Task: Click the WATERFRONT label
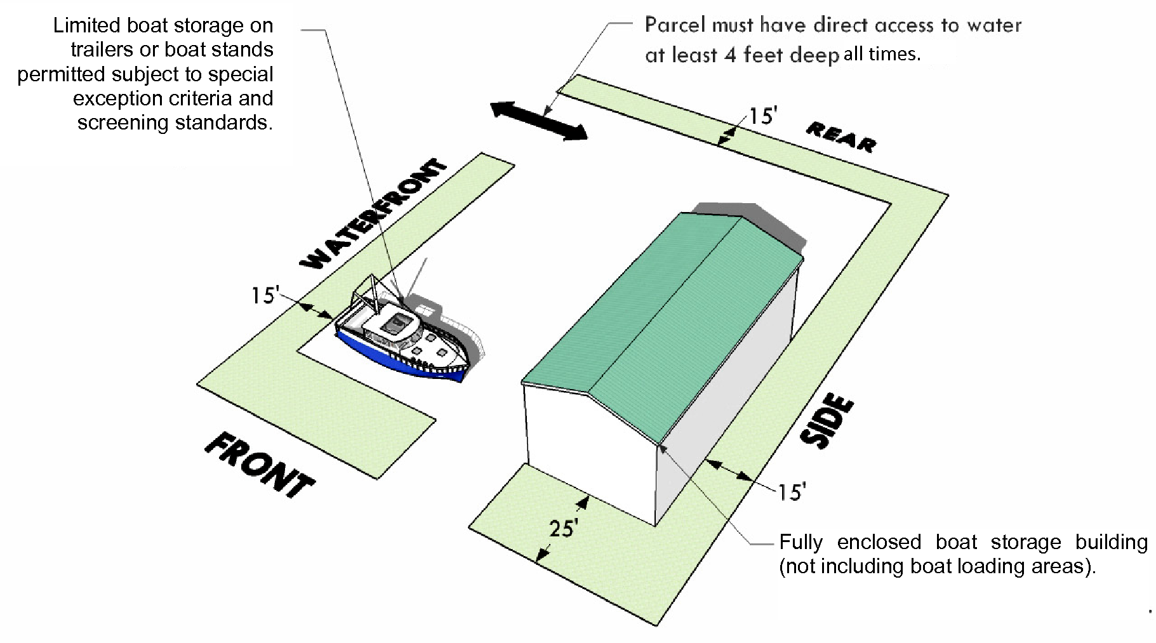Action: point(373,215)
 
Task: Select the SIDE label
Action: point(826,422)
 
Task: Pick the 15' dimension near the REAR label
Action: point(762,117)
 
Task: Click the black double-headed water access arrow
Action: point(539,121)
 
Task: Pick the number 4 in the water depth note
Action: point(730,55)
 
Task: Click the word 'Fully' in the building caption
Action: point(801,543)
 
